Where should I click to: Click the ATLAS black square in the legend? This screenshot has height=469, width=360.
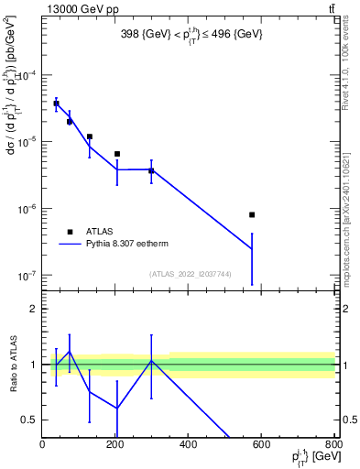(x=70, y=232)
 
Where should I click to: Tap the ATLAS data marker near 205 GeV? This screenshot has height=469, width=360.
(x=117, y=154)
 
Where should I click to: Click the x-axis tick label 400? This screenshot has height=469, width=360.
(x=188, y=446)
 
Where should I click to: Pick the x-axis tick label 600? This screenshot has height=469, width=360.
(x=261, y=446)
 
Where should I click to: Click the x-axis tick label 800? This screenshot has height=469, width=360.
(x=333, y=446)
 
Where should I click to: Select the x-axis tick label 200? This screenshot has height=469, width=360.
(x=115, y=446)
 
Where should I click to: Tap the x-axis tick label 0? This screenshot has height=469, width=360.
(x=42, y=446)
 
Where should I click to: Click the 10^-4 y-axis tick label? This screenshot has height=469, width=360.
(x=27, y=76)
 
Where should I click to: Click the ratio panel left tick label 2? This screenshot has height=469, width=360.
(x=34, y=309)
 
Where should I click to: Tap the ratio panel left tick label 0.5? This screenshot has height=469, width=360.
(x=31, y=420)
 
